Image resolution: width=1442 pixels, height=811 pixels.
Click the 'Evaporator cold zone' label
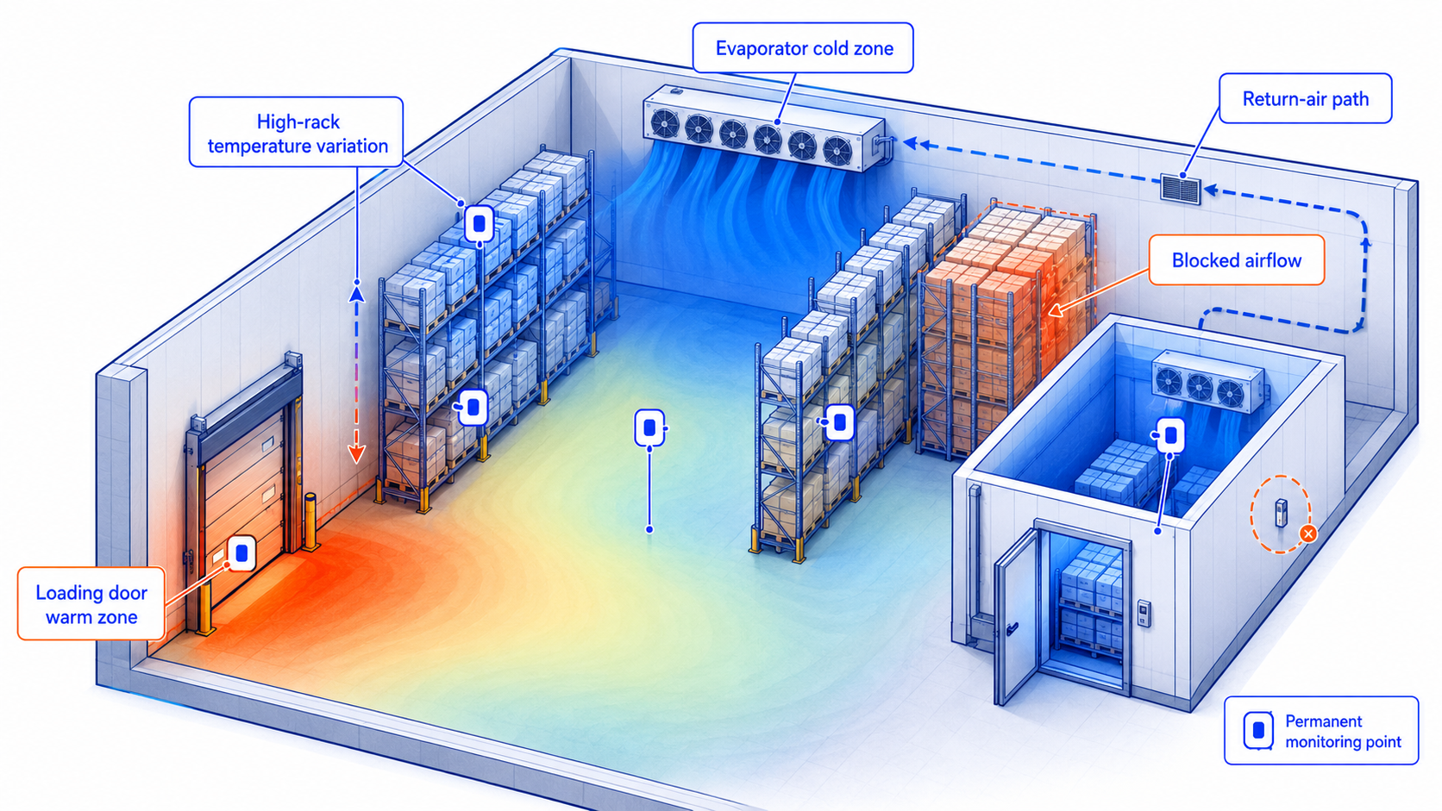(x=804, y=48)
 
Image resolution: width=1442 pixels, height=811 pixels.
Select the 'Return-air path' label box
(x=1305, y=98)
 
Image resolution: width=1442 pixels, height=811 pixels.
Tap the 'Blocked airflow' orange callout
(x=1236, y=259)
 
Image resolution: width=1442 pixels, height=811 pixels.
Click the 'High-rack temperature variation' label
(x=297, y=133)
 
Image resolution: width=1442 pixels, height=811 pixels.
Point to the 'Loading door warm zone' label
(x=91, y=604)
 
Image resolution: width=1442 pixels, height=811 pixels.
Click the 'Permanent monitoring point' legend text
(x=1343, y=731)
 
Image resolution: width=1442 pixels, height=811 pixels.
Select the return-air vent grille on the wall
(x=1181, y=189)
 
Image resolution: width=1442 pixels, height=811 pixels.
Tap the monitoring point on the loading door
(x=242, y=553)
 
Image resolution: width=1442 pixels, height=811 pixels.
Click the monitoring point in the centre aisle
(x=649, y=427)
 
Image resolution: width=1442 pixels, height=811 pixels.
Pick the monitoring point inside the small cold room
(x=1171, y=435)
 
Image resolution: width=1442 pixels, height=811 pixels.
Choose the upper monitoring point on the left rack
(x=480, y=224)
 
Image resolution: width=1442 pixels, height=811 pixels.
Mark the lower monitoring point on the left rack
(x=473, y=407)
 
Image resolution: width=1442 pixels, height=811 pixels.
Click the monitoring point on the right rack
(x=839, y=422)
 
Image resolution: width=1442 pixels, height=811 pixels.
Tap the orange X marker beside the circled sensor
(x=1308, y=533)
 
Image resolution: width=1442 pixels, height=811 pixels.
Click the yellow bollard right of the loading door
(x=311, y=521)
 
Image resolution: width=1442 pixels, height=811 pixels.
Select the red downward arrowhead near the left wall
(x=357, y=454)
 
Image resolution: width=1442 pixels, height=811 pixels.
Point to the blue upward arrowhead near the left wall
(x=357, y=294)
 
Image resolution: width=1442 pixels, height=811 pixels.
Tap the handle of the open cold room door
(x=1012, y=627)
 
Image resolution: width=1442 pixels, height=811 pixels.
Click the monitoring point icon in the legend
(x=1258, y=731)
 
